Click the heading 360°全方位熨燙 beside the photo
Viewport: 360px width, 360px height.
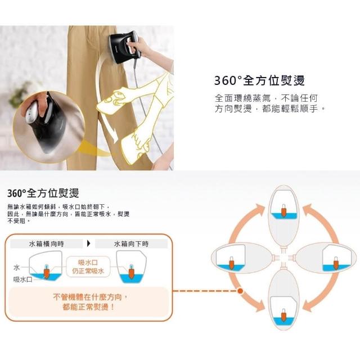259,80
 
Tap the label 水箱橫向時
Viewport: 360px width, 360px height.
47,244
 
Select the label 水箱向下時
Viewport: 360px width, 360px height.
131,244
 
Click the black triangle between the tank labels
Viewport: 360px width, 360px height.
89,244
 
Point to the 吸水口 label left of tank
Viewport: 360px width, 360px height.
22,280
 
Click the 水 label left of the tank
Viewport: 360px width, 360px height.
16,268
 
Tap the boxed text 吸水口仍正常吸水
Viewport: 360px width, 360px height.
88,267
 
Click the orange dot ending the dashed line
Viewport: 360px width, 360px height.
240,291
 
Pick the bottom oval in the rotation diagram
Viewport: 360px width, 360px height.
284,300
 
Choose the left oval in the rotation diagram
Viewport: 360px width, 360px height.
241,258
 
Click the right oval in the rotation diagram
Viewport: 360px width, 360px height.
326,258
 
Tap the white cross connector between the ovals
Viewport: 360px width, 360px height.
283,258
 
